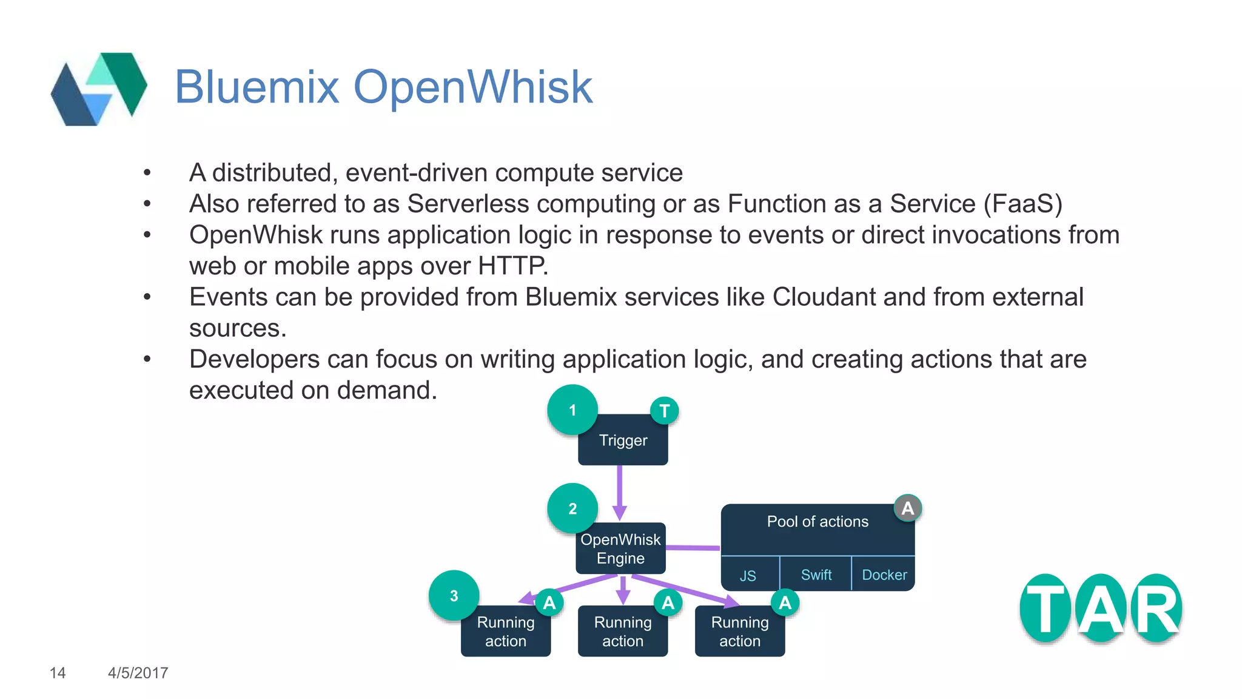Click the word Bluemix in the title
tap(257, 87)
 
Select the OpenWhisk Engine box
tap(620, 549)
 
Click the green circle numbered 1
tap(572, 410)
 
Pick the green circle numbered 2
tap(572, 508)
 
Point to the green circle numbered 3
tap(454, 596)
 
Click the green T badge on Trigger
tap(664, 411)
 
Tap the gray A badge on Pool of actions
tap(907, 508)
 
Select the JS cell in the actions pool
tap(748, 575)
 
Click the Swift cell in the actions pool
tap(816, 574)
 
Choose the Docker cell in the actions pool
tap(884, 574)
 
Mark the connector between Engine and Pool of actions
tap(693, 547)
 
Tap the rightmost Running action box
tap(740, 632)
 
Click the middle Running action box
tap(623, 632)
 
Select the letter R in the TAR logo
tap(1156, 609)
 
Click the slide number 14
tap(58, 673)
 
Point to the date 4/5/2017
tap(138, 673)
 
